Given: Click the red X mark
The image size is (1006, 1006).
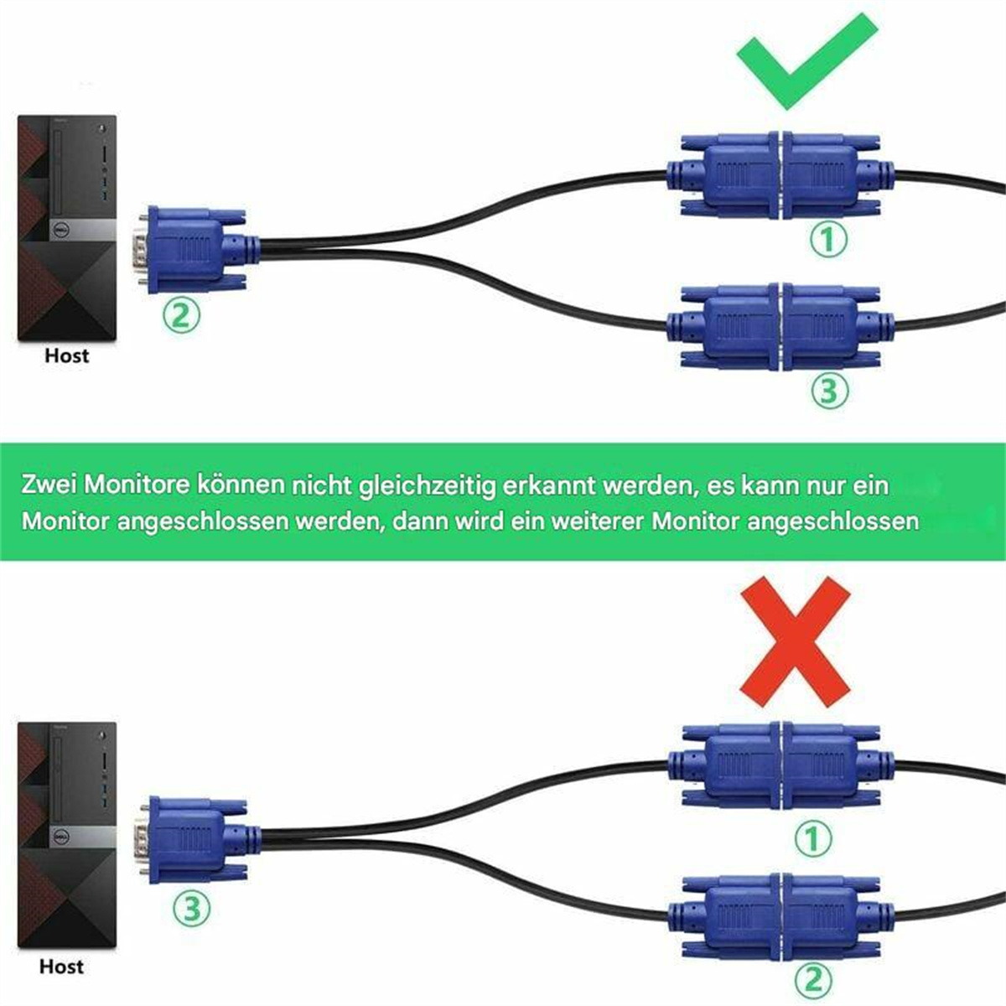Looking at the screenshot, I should (x=795, y=641).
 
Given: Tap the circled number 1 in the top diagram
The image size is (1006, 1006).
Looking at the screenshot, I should (x=828, y=241).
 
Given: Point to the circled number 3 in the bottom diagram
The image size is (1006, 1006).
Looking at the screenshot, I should (x=192, y=908).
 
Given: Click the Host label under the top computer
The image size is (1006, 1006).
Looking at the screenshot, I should (x=66, y=355).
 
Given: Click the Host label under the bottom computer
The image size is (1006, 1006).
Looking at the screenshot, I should (x=61, y=967).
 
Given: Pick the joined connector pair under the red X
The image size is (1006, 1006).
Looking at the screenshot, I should (x=781, y=764).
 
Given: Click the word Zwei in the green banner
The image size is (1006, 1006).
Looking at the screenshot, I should (x=51, y=485).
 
